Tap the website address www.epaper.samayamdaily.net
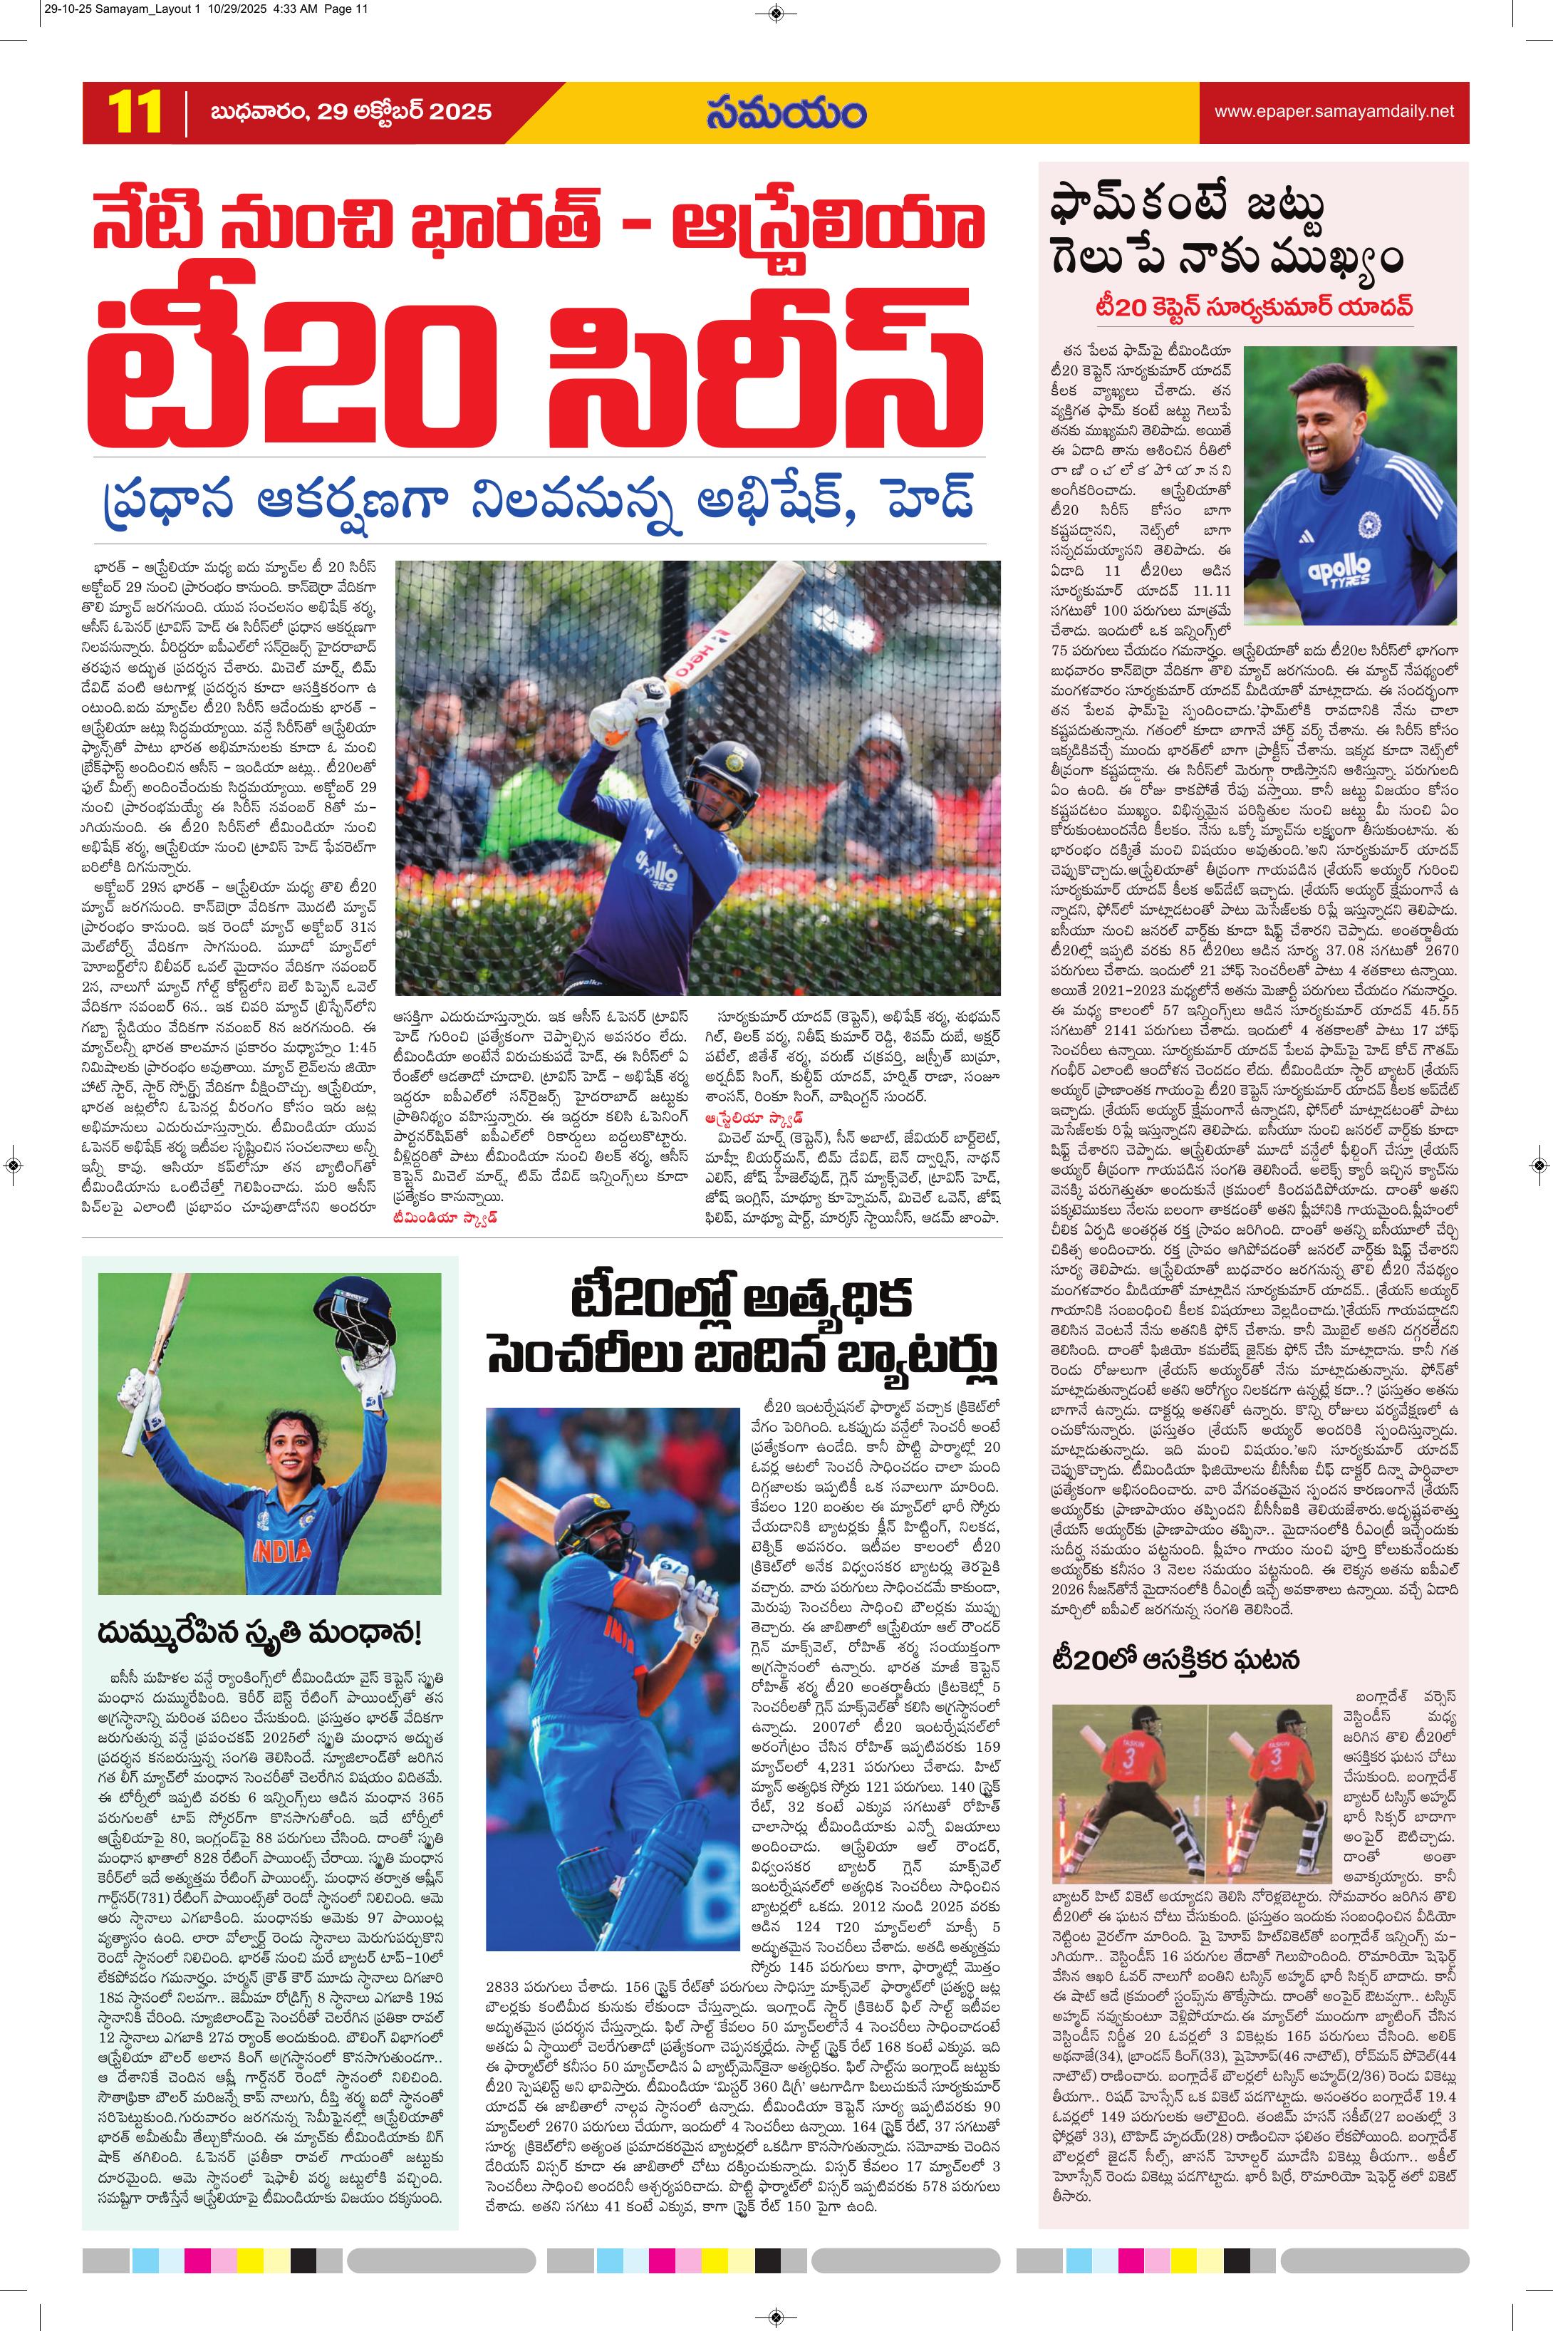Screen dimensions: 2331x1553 point(1334,111)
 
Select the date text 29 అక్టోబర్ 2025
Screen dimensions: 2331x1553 point(404,111)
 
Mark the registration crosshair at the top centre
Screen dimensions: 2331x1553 point(776,13)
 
